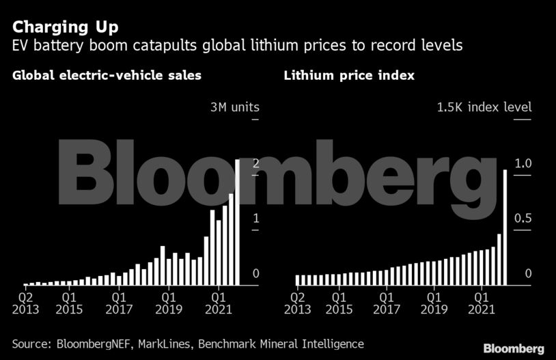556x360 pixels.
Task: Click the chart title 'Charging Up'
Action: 65,28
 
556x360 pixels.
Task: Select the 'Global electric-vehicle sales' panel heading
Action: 107,75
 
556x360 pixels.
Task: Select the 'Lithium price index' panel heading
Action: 349,75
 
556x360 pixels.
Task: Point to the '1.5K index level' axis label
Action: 484,107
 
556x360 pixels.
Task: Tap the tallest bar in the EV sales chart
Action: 238,222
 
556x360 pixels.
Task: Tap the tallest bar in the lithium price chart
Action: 505,227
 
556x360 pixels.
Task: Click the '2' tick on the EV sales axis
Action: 255,163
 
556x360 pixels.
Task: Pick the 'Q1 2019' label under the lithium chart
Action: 434,303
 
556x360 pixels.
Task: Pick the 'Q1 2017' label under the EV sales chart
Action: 119,303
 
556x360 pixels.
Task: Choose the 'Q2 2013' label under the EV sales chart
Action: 25,303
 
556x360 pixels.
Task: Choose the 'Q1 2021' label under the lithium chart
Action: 483,303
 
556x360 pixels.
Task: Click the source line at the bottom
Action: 188,344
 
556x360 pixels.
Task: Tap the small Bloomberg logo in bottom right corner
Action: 514,348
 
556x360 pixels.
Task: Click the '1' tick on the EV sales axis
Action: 255,219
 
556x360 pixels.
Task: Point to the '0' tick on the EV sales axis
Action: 255,274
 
